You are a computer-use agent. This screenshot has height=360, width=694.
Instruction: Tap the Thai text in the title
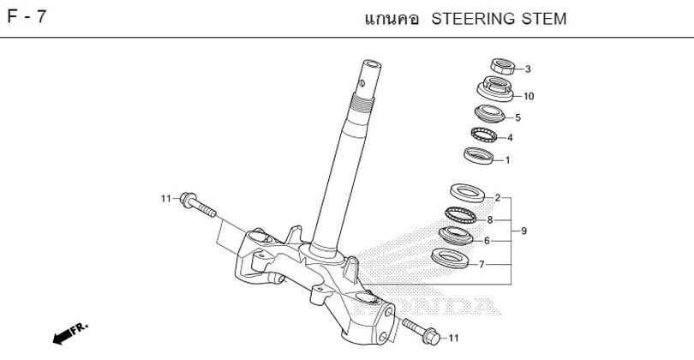pos(391,19)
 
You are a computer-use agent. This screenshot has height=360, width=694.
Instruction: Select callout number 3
pos(528,69)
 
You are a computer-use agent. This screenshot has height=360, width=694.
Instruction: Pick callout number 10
pos(529,96)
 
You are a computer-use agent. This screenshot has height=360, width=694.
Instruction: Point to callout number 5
pos(518,117)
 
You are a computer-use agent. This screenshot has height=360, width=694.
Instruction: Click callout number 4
pos(510,138)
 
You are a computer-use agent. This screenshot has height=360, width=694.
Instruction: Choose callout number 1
pos(507,159)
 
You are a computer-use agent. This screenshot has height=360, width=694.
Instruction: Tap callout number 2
pos(497,198)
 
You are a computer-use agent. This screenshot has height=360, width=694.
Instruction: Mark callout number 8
pos(490,220)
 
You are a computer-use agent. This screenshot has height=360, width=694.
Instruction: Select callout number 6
pos(486,241)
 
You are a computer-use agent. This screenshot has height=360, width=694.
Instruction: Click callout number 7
pos(482,264)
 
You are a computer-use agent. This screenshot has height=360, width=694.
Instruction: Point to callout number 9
pos(523,231)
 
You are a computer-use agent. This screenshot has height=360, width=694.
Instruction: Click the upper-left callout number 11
pos(166,200)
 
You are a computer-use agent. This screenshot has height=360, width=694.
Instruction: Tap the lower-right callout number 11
pos(454,338)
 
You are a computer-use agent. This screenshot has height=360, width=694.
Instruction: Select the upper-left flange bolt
pos(197,206)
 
